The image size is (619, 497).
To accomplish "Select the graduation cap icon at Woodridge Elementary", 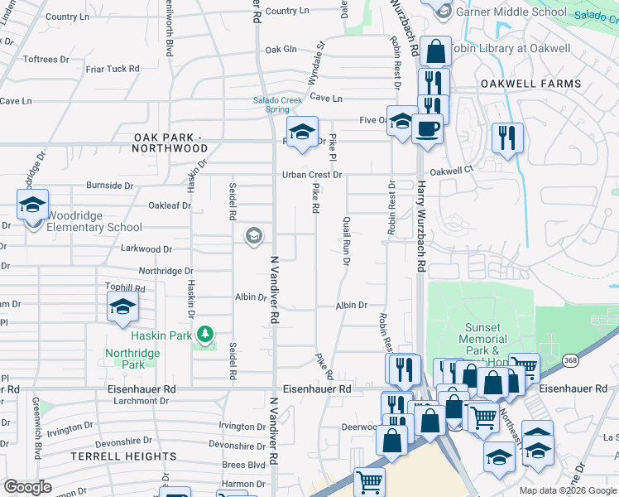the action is click(33, 205).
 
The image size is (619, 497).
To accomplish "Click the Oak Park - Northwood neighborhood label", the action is click(170, 142).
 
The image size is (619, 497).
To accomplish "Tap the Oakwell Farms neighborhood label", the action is click(530, 84).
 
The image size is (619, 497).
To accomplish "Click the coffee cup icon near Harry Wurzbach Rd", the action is click(428, 130).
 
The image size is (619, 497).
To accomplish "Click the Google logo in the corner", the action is click(27, 487).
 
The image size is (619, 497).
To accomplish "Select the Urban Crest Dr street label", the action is click(312, 175).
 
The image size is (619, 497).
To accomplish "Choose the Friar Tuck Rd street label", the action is click(112, 69).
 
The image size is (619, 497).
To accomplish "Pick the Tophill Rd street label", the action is click(126, 288).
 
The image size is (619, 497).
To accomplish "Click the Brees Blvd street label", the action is click(243, 466).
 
